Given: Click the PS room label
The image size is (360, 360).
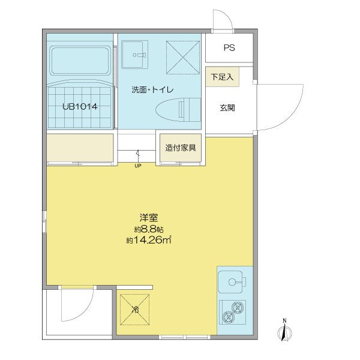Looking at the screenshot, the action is click(229, 48).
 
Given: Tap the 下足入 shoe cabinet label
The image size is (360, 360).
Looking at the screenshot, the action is click(222, 77).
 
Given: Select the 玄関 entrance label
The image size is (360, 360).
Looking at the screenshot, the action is click(227, 107).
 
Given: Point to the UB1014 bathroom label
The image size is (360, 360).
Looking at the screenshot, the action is click(80, 107).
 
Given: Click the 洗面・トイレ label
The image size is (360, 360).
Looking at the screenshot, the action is click(152, 89).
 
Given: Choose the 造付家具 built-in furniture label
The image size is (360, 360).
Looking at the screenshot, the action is click(181, 148).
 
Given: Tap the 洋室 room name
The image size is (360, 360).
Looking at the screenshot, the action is click(149, 217).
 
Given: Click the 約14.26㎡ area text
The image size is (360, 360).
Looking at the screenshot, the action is click(149, 240).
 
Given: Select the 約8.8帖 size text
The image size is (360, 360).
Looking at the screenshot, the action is click(149, 229).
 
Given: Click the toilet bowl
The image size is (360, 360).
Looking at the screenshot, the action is click(178, 109).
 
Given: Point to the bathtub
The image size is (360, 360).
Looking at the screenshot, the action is click(80, 61).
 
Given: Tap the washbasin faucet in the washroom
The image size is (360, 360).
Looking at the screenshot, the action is click(140, 55).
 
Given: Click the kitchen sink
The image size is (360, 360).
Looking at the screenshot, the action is click(230, 282).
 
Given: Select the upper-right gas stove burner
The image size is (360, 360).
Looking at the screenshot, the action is click(238, 307).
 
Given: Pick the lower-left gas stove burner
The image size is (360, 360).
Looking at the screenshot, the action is click(228, 317).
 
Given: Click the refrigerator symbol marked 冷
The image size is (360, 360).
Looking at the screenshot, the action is click(134, 310).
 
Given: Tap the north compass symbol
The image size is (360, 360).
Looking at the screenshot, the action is click(284, 330).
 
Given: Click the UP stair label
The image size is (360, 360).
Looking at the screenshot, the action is click(138, 166).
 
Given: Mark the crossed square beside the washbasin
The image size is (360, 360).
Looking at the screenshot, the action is click(183, 58).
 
